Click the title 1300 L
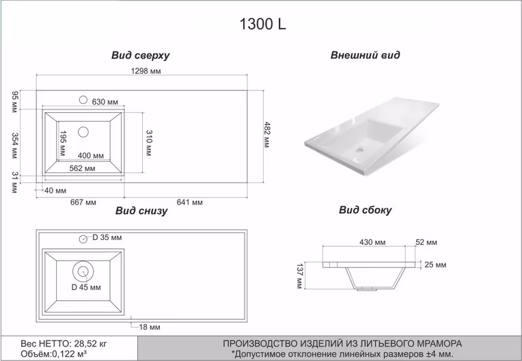262,24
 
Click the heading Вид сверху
140,55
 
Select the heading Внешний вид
366,55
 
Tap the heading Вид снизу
141,211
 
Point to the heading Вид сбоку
366,210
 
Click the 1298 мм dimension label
146,71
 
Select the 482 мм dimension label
267,135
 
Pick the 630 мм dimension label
105,102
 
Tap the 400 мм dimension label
91,155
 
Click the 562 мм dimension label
82,168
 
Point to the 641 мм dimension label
189,202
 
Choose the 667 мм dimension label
83,202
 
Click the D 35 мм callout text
107,237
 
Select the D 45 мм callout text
86,287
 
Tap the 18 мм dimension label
150,327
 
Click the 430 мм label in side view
372,242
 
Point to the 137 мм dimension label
299,276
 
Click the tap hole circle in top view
83,100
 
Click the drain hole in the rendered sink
359,150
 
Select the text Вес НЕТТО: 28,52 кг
64,343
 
